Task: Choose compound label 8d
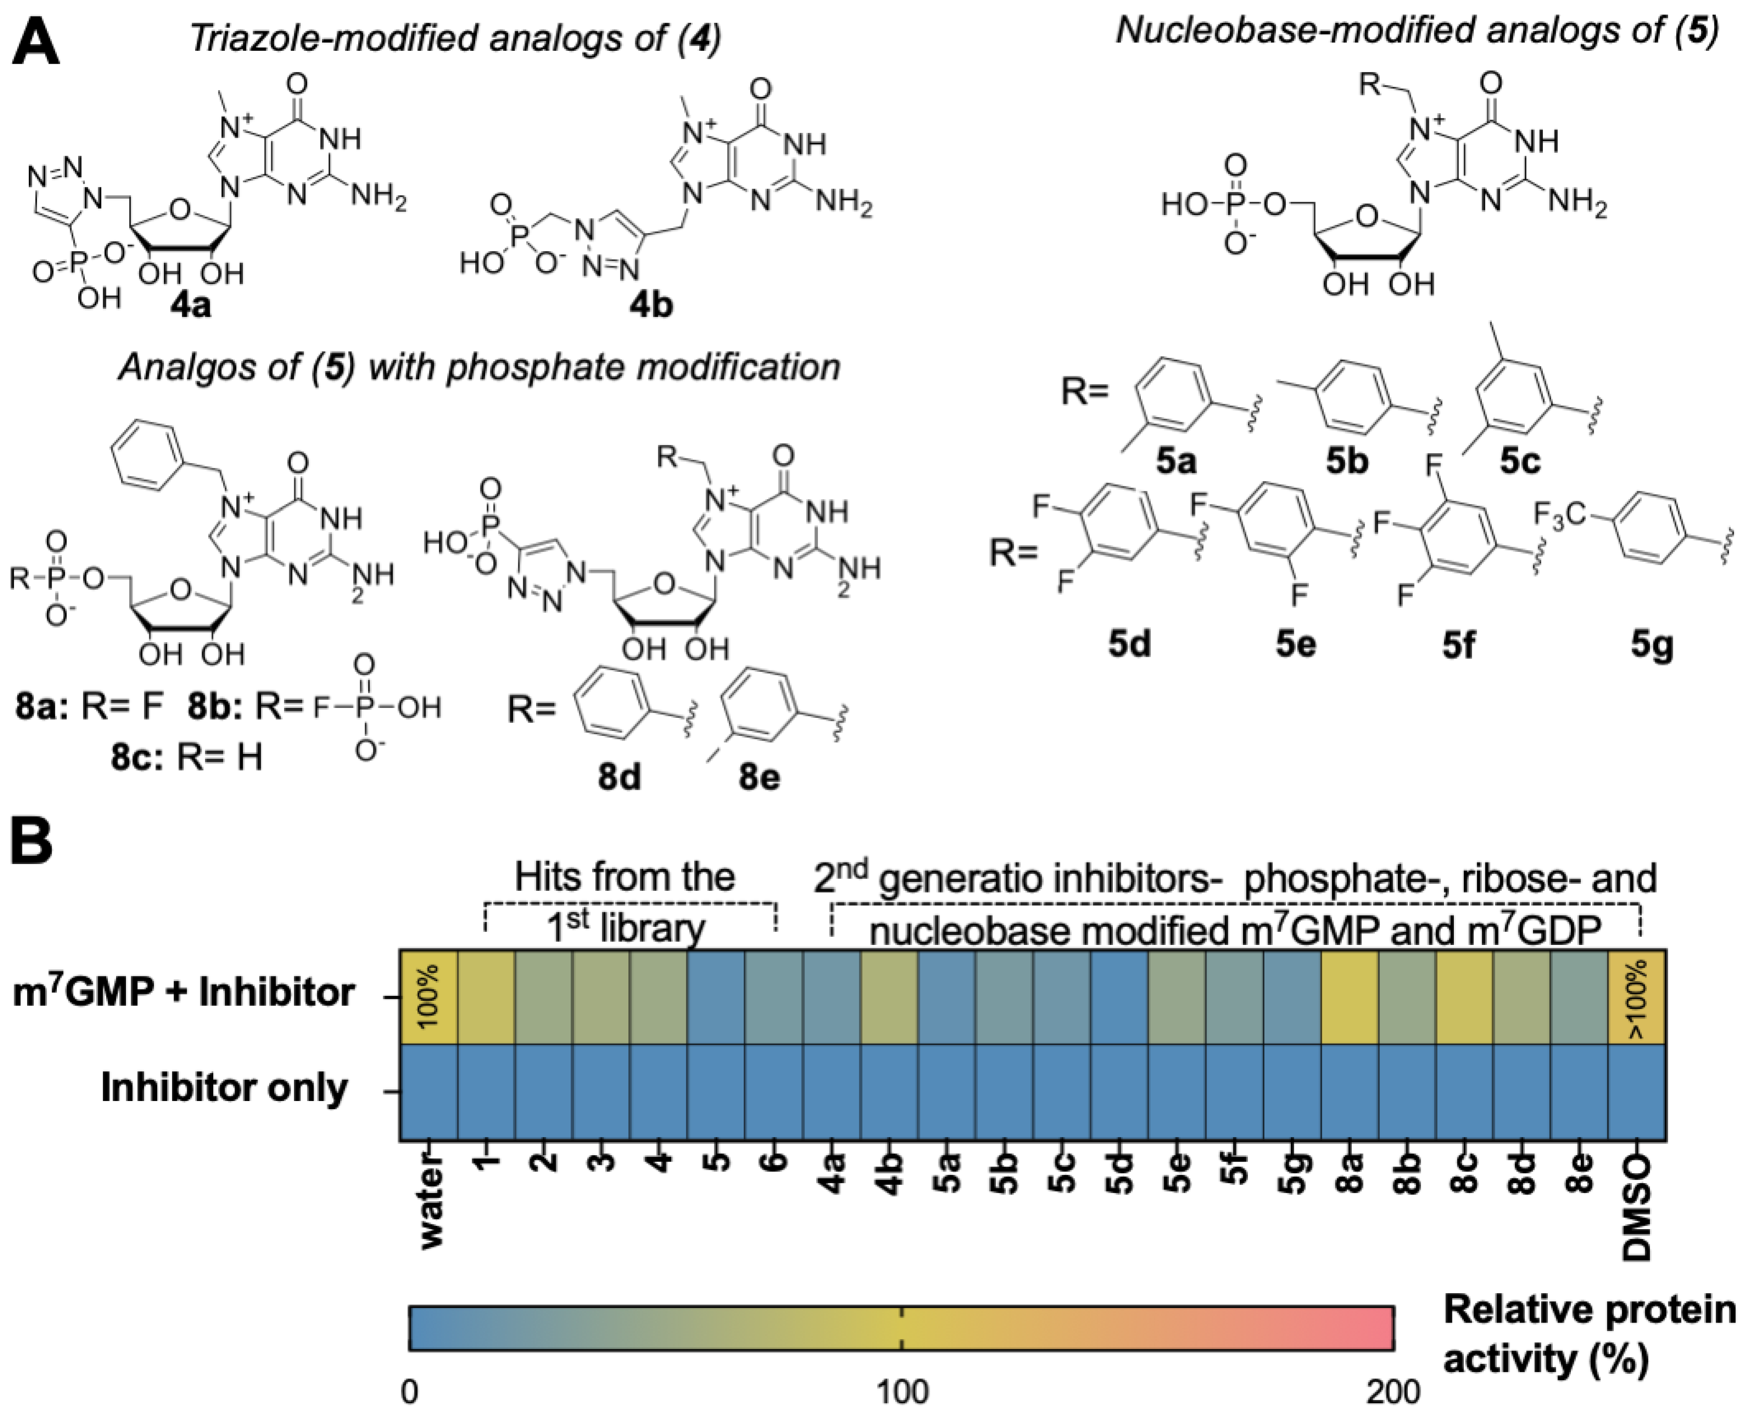[x=619, y=777]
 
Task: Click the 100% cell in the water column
[x=428, y=997]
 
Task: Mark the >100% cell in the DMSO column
[x=1636, y=997]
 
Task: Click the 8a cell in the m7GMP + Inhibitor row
[x=1349, y=997]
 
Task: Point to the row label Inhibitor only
[x=224, y=1088]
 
